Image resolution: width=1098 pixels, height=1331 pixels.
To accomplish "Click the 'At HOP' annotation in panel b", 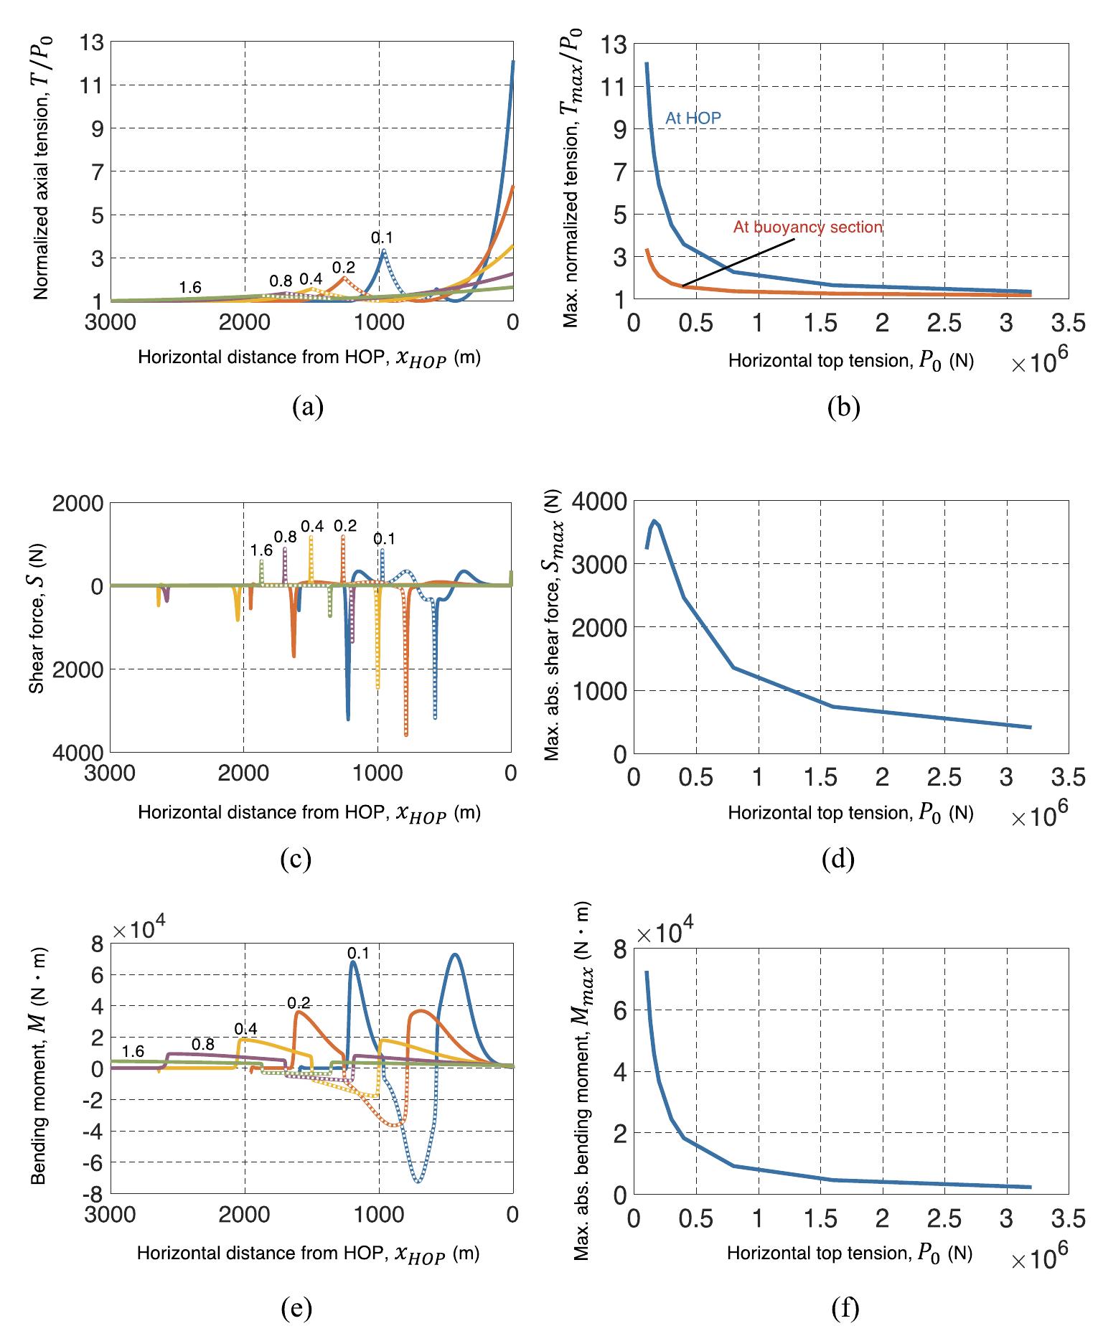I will (693, 118).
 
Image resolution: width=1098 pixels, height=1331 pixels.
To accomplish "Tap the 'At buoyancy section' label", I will (807, 227).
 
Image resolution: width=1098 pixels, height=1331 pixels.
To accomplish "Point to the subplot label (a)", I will (309, 407).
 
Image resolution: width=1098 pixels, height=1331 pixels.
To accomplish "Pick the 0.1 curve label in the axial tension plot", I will (382, 237).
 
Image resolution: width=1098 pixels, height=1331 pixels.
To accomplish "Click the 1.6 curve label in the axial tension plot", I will (189, 288).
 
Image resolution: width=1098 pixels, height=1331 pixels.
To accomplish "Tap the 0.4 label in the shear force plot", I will (311, 526).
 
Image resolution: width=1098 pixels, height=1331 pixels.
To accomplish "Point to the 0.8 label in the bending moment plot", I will (203, 1044).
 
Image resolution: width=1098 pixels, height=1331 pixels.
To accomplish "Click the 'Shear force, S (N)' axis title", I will (36, 626).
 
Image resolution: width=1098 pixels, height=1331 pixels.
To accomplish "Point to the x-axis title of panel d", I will (850, 812).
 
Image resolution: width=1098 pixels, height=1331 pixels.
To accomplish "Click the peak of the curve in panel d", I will (654, 520).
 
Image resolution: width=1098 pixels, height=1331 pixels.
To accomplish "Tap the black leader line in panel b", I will (739, 263).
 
